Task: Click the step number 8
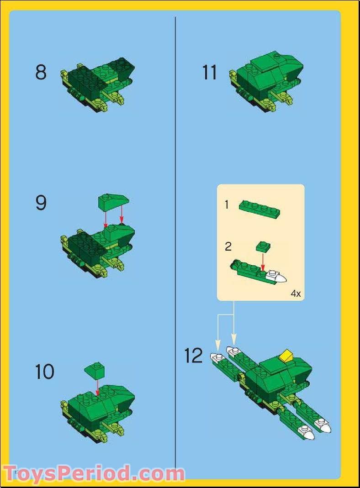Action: point(41,73)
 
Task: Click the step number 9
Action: point(41,203)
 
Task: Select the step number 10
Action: point(44,372)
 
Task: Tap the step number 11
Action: point(210,73)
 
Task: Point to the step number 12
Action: point(193,356)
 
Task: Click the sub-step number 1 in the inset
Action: point(227,205)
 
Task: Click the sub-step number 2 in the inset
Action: point(228,247)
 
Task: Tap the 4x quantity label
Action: point(296,294)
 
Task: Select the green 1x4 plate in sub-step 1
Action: point(259,209)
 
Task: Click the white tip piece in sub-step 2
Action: point(277,277)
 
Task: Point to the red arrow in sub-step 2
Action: point(263,262)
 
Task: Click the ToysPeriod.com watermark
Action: point(94,473)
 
